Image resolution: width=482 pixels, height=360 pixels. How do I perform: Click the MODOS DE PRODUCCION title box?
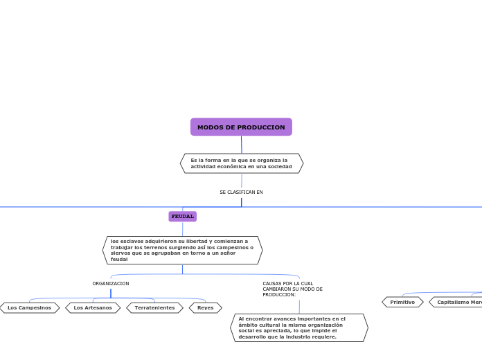click(x=241, y=127)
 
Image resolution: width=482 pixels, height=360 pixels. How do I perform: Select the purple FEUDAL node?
click(x=183, y=217)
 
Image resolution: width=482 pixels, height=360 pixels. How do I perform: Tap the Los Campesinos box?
click(x=30, y=308)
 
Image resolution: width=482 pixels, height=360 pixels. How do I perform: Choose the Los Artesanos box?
click(x=93, y=308)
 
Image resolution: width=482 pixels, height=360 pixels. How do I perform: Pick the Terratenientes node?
click(x=154, y=308)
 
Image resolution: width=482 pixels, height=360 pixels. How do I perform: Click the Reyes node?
click(x=206, y=308)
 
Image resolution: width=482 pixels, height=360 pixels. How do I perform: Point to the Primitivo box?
click(x=402, y=303)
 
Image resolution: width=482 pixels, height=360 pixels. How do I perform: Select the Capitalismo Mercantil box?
click(x=457, y=303)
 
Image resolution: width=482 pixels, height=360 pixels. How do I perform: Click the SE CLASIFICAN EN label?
click(x=241, y=192)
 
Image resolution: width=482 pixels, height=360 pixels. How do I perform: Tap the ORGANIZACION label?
click(x=111, y=284)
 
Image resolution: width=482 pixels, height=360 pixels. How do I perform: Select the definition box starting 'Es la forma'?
click(x=241, y=163)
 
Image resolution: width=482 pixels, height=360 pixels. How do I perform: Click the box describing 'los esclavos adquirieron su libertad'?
click(x=182, y=250)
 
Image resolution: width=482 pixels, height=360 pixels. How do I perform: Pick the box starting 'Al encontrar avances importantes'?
click(x=299, y=327)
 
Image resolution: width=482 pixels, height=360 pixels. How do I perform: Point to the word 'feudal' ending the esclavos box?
click(x=119, y=260)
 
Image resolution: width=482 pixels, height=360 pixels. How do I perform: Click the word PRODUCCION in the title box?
click(x=263, y=127)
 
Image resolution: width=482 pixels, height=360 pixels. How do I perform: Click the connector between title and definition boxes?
click(x=242, y=145)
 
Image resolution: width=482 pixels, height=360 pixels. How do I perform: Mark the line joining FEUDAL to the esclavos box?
click(x=183, y=229)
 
